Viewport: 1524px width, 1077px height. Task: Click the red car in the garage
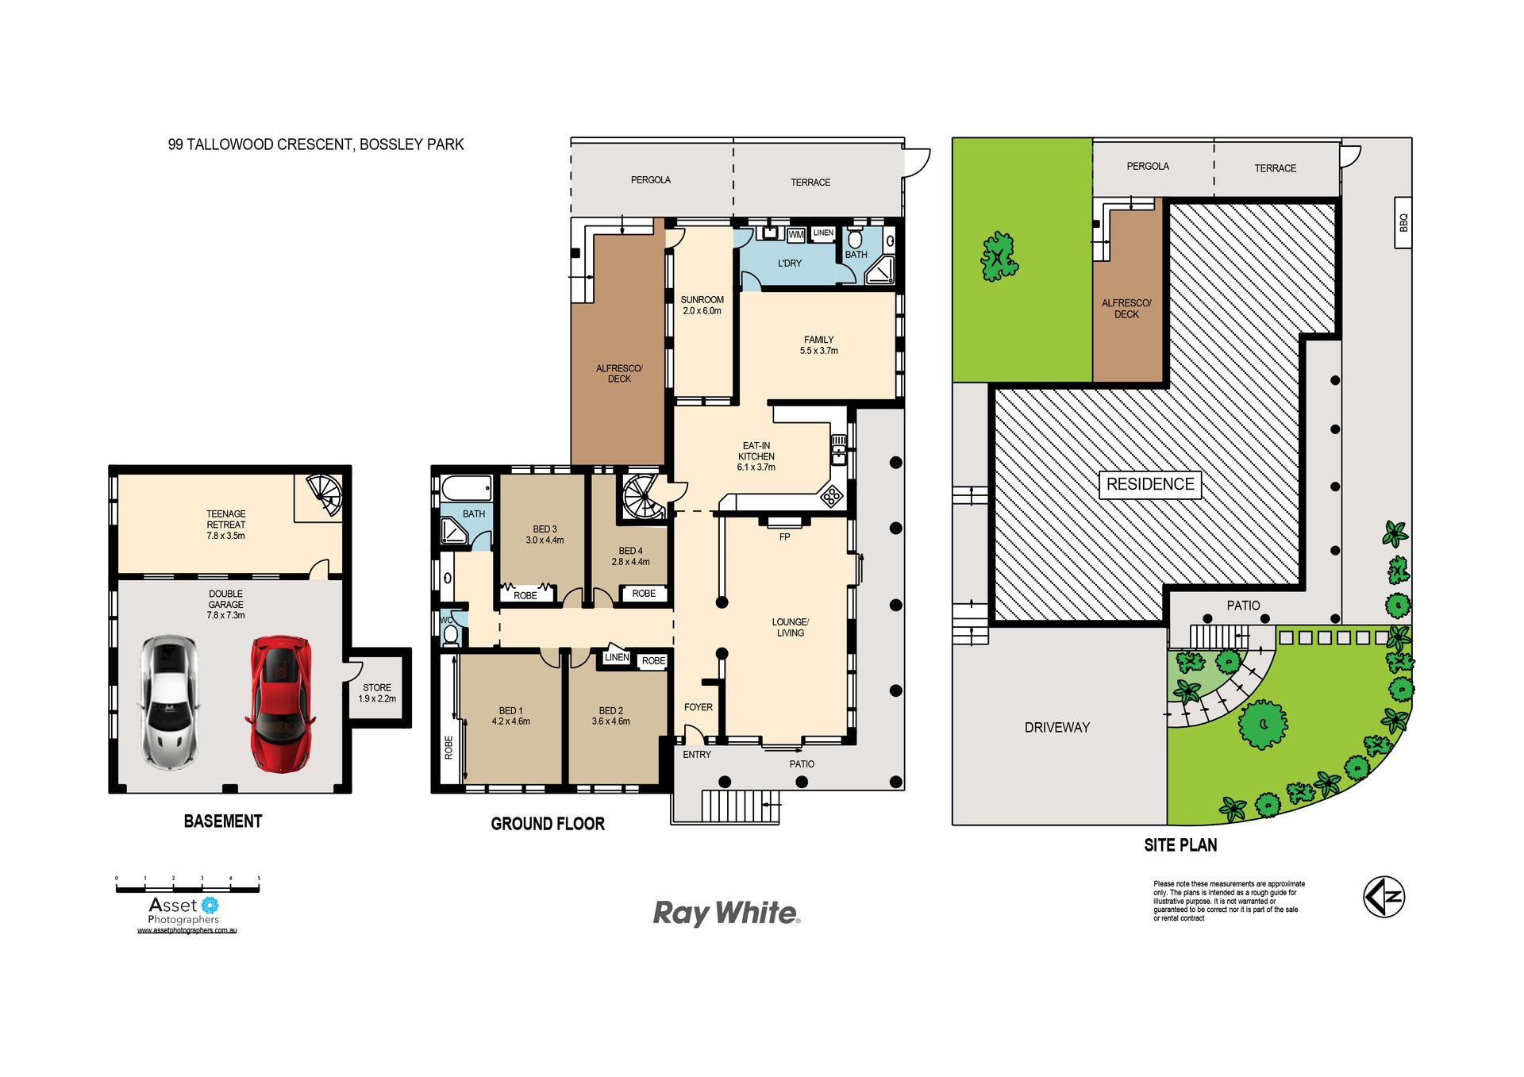click(279, 703)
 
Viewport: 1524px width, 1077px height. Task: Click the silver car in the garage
click(169, 702)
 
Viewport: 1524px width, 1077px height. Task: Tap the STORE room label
click(377, 693)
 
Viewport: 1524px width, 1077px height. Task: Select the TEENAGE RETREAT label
click(226, 525)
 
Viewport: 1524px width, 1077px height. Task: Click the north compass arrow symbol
click(1384, 897)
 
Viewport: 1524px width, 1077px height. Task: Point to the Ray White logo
click(726, 914)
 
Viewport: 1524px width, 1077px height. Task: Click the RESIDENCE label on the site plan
click(1150, 484)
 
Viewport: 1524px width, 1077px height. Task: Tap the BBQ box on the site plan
click(1403, 223)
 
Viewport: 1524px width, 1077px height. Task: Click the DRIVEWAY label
click(1057, 727)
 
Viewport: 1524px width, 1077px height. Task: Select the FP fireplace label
click(784, 537)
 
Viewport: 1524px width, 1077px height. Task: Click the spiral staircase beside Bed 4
click(644, 497)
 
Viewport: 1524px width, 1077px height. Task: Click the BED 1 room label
click(511, 716)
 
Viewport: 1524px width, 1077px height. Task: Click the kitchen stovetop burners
click(831, 497)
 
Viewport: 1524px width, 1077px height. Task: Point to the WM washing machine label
click(795, 235)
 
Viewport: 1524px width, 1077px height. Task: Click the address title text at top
click(316, 144)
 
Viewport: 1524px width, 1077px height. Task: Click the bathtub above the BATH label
click(467, 488)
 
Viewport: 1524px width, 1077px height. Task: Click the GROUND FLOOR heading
click(548, 824)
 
